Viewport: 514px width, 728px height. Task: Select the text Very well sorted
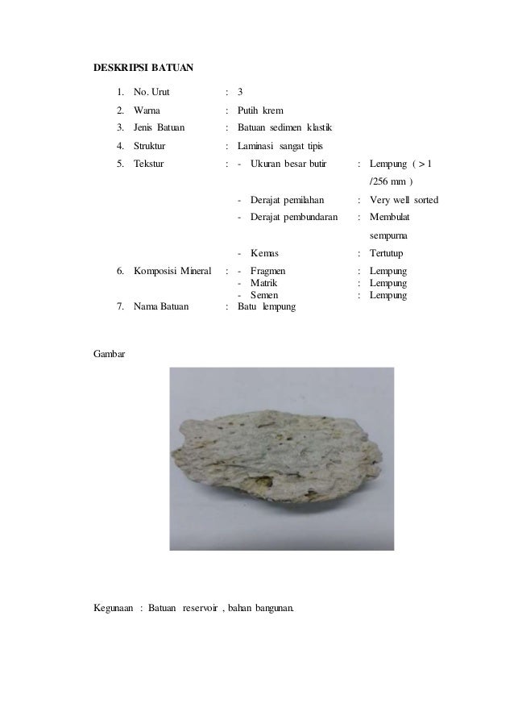[404, 199]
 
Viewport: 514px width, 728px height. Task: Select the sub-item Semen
[265, 296]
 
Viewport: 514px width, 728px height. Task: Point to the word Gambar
[110, 354]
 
